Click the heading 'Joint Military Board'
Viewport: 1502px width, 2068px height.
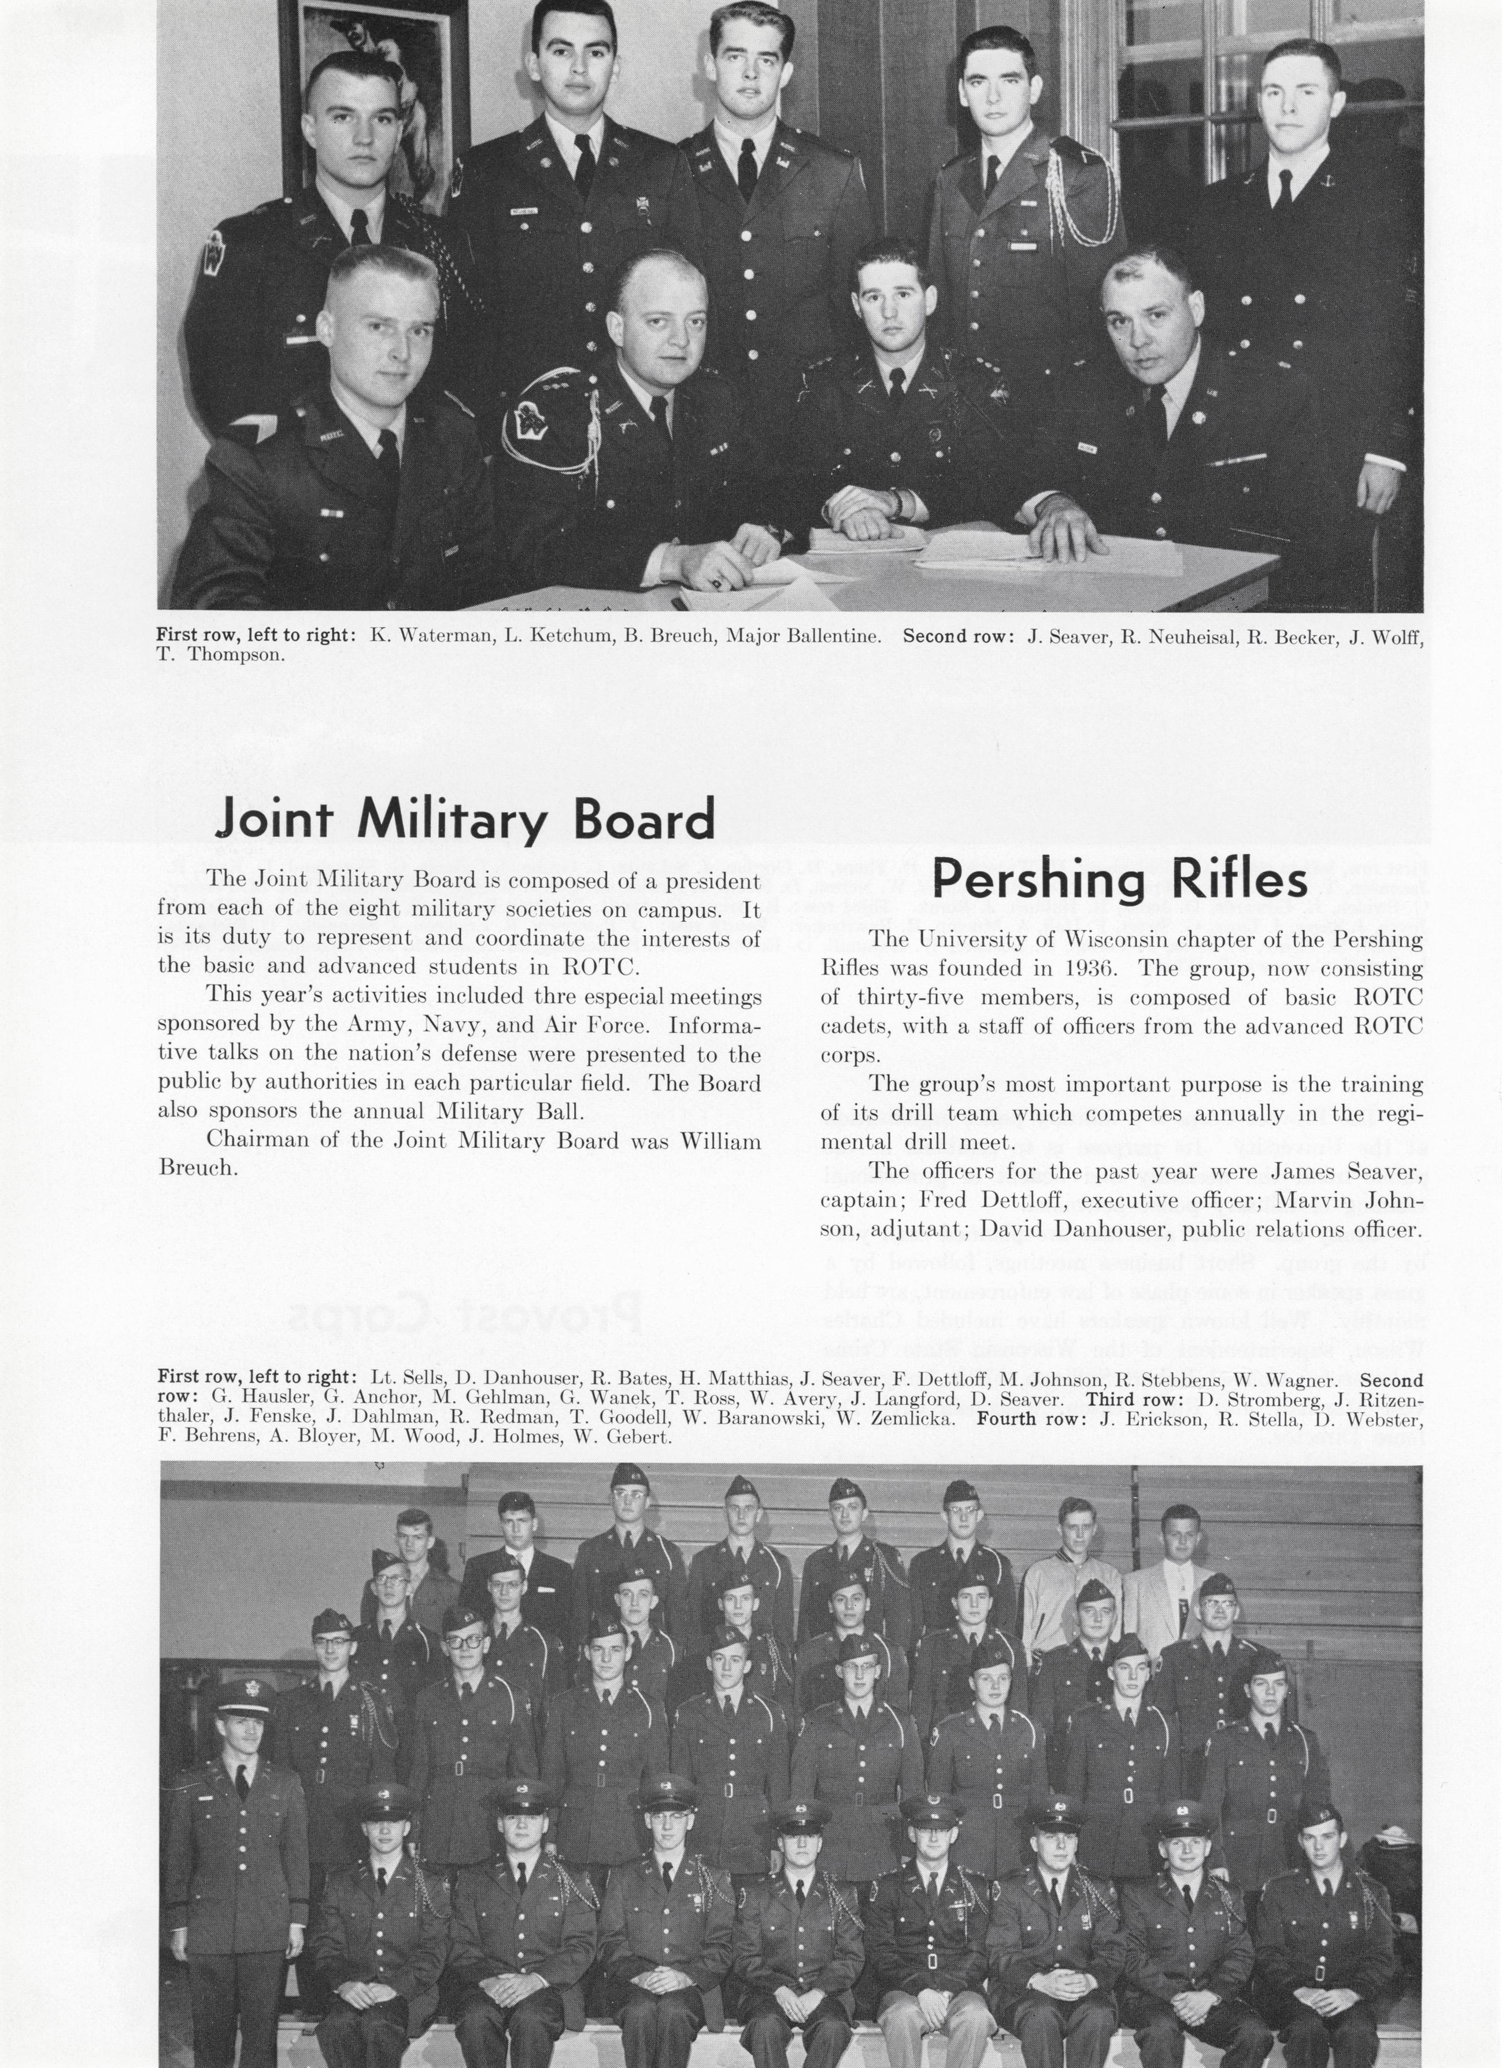click(464, 820)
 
